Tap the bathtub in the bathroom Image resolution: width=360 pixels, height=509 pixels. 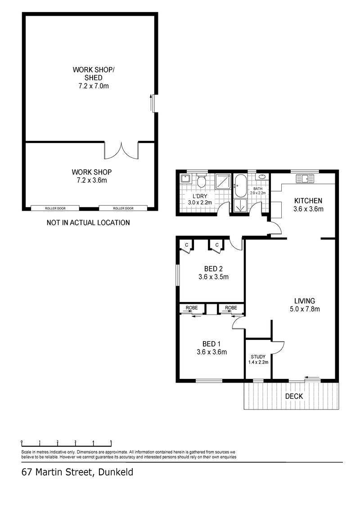240,186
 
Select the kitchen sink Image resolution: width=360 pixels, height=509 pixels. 305,179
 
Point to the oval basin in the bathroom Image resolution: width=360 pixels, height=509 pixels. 261,177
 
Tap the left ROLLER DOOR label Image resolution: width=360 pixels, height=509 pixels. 55,208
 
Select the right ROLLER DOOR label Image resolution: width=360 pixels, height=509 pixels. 123,208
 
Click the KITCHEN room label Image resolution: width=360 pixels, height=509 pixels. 308,201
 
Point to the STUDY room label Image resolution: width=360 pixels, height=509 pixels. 258,357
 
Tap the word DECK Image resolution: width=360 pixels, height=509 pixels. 294,396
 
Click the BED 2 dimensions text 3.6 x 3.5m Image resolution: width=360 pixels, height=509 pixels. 214,277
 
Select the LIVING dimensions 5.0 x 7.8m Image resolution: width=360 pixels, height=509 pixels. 305,309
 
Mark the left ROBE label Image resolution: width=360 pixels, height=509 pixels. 192,308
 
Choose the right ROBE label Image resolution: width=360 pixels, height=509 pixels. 231,308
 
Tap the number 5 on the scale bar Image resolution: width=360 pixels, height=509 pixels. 111,441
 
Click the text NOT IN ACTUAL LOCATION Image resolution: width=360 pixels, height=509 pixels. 88,223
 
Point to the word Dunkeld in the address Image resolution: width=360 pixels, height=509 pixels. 116,472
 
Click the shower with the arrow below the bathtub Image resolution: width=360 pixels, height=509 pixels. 240,206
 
